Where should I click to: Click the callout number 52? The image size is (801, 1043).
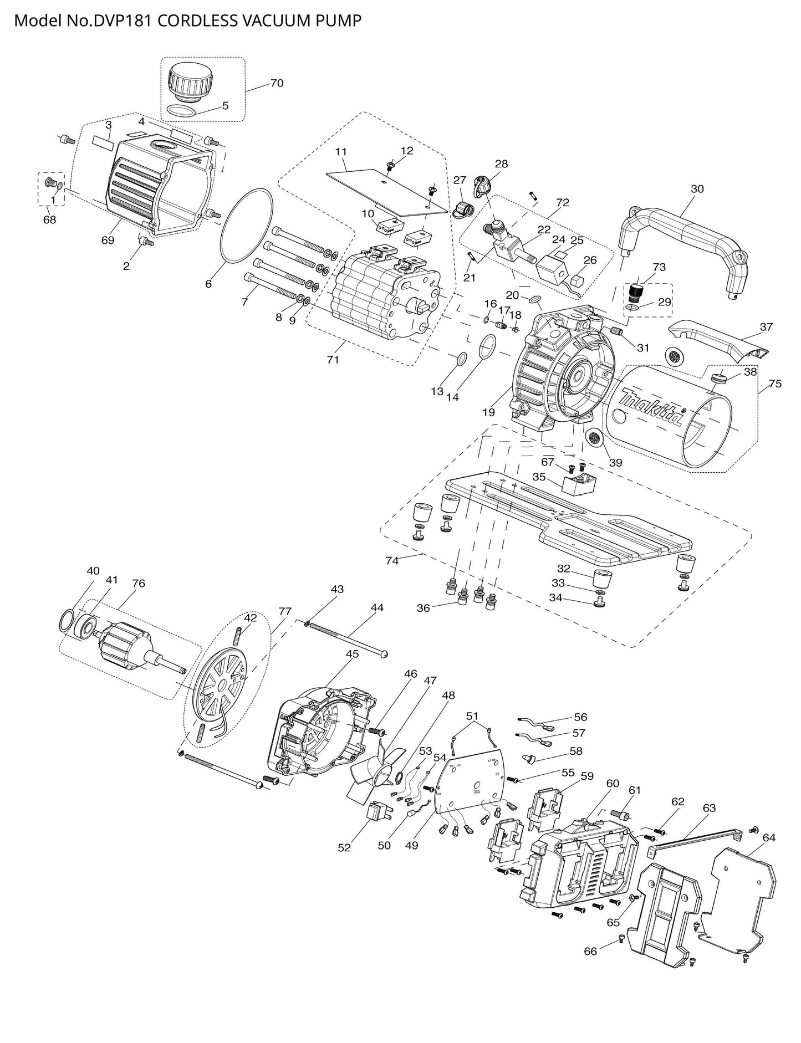pyautogui.click(x=344, y=847)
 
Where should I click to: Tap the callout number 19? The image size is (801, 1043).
pyautogui.click(x=488, y=412)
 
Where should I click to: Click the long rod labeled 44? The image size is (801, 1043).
pyautogui.click(x=346, y=637)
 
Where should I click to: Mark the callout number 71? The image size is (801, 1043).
pyautogui.click(x=333, y=360)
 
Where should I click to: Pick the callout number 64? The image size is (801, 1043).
pyautogui.click(x=769, y=838)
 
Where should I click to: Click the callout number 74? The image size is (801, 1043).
pyautogui.click(x=392, y=560)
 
